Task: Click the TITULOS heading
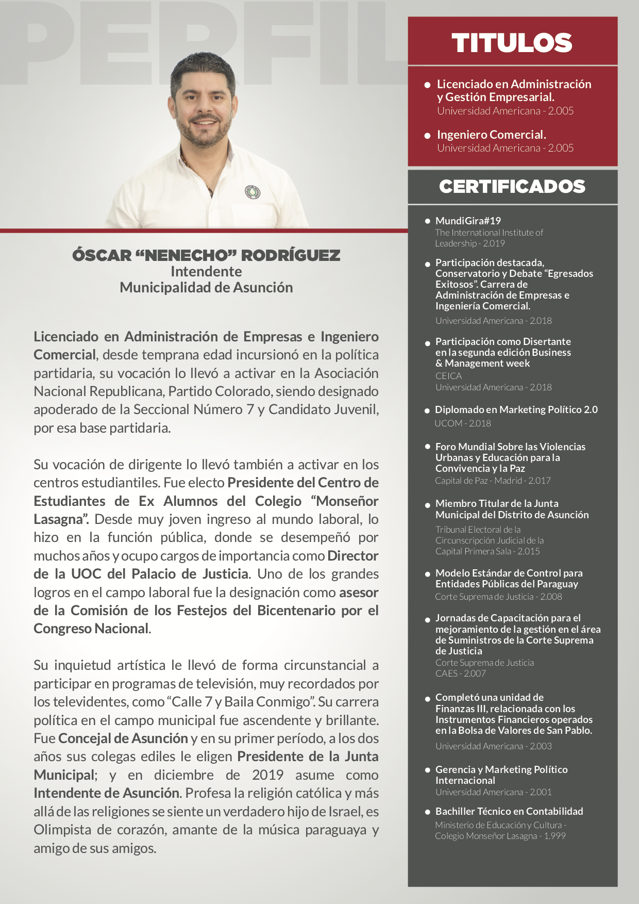point(512,43)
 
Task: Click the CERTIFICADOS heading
point(512,187)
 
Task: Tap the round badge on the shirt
point(253,192)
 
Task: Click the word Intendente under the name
point(206,272)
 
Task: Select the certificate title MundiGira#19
point(468,221)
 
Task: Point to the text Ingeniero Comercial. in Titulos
point(491,135)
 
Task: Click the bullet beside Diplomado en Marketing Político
point(427,411)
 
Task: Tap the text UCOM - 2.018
point(463,423)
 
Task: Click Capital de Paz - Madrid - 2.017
point(493,481)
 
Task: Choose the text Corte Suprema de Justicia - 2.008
point(498,597)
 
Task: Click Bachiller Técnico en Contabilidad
point(509,811)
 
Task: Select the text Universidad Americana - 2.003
point(493,746)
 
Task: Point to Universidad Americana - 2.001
point(493,792)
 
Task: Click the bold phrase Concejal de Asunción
point(123,738)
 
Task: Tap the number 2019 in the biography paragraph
point(267,775)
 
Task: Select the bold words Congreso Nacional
point(91,629)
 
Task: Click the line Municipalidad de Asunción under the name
point(206,288)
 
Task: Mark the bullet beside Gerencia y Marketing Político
point(428,770)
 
